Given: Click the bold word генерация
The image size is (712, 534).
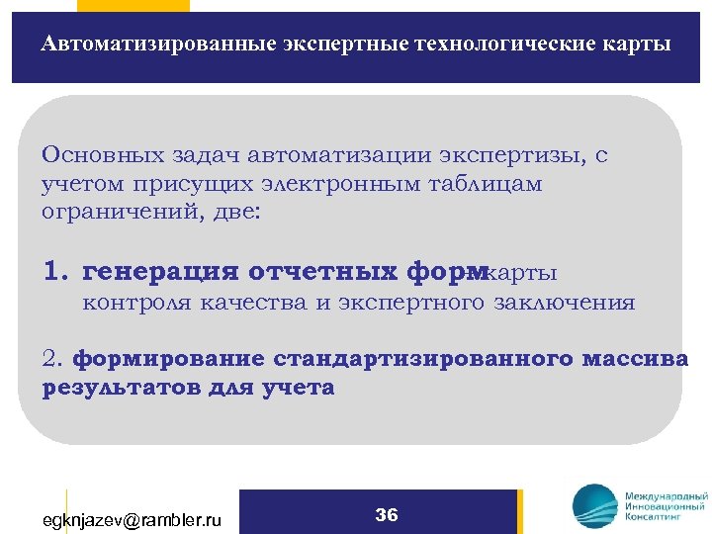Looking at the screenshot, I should coord(163,272).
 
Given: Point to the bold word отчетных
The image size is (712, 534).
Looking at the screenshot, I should coord(324,272).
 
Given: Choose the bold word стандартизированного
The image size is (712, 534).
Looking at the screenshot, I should coord(422,358).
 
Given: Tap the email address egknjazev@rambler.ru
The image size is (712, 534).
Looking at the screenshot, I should coord(132,519).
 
